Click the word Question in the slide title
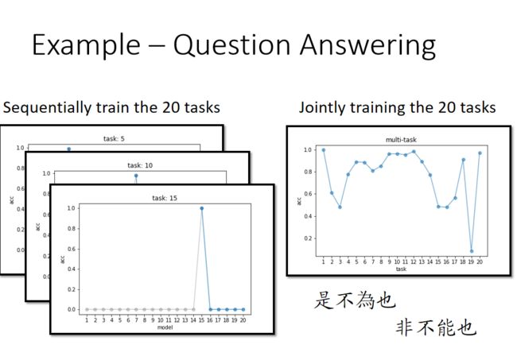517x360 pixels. pyautogui.click(x=231, y=45)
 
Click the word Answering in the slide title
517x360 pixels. pyautogui.click(x=367, y=46)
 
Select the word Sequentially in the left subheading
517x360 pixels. pyautogui.click(x=47, y=108)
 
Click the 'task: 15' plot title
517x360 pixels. pyautogui.click(x=165, y=198)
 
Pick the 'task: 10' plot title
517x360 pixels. pyautogui.click(x=140, y=165)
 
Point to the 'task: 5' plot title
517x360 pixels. pyautogui.click(x=114, y=138)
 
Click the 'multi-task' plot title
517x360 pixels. pyautogui.click(x=401, y=140)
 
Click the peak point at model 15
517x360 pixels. pyautogui.click(x=202, y=208)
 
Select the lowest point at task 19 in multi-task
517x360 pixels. pyautogui.click(x=472, y=251)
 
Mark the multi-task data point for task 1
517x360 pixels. pyautogui.click(x=324, y=150)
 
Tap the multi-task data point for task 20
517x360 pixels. pyautogui.click(x=480, y=153)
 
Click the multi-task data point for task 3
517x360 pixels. pyautogui.click(x=340, y=207)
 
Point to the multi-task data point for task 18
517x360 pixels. pyautogui.click(x=463, y=160)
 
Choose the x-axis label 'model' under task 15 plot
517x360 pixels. pyautogui.click(x=165, y=327)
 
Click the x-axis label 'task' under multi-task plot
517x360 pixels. pyautogui.click(x=401, y=269)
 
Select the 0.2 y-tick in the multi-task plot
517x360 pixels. pyautogui.click(x=308, y=238)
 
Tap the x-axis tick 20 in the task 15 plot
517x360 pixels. pyautogui.click(x=243, y=320)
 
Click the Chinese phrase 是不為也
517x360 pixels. pyautogui.click(x=355, y=300)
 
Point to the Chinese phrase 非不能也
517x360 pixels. pyautogui.click(x=436, y=327)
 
